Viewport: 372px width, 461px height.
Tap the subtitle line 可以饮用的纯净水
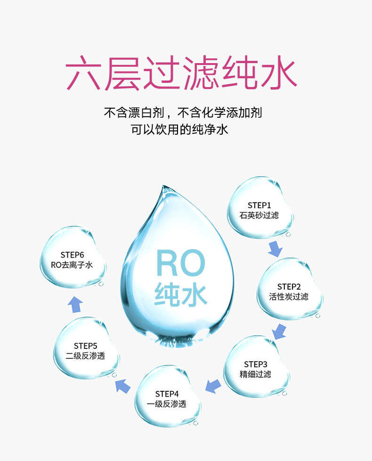coord(179,129)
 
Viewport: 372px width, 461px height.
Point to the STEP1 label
coord(259,205)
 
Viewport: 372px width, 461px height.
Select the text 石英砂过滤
coord(259,215)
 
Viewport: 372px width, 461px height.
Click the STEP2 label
coord(289,287)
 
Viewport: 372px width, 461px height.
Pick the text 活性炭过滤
coord(289,297)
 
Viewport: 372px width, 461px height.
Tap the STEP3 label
coord(256,364)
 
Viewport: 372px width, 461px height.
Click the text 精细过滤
coord(255,374)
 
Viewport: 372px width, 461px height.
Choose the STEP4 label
coord(167,394)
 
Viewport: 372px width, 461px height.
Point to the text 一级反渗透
coord(167,404)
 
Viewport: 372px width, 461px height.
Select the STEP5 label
coord(85,346)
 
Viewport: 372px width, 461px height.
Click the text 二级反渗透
coord(85,356)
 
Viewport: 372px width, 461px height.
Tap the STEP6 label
coord(72,255)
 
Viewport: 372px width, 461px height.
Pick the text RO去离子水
coord(72,265)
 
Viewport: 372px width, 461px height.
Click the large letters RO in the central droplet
coord(180,263)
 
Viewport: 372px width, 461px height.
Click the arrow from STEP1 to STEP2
coord(275,249)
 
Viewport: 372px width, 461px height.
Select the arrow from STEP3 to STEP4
coord(213,386)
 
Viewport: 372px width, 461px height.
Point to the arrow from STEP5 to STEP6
coord(75,305)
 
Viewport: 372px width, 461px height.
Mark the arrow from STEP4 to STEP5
coord(122,386)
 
